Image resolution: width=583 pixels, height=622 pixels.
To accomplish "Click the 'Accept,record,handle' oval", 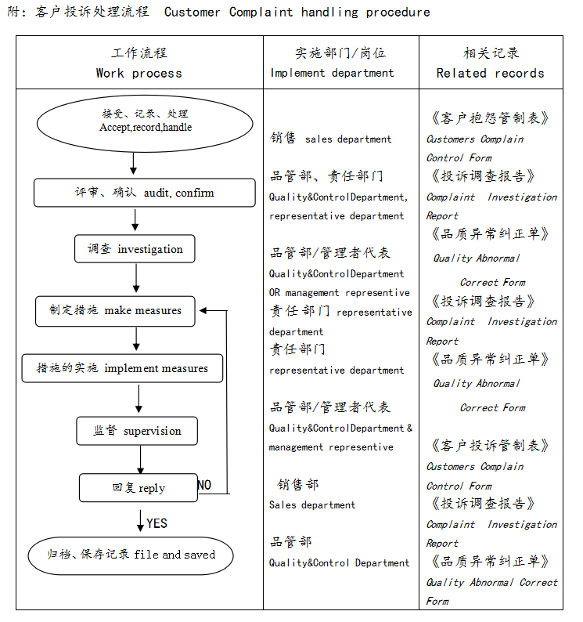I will tap(134, 121).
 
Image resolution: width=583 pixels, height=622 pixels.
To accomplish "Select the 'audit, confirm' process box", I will tap(145, 193).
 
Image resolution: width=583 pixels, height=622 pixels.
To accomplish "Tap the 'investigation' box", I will tap(135, 249).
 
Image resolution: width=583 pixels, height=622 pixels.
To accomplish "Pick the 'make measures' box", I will tap(116, 310).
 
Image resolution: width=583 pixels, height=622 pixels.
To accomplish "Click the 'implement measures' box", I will tap(122, 368).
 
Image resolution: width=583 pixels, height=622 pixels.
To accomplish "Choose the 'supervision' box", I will tap(137, 431).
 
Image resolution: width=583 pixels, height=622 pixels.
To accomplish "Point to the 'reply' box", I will tap(138, 488).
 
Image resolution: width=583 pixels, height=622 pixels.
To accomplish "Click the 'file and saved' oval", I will tap(131, 555).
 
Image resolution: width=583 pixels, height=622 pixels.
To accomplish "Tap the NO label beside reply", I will tap(204, 485).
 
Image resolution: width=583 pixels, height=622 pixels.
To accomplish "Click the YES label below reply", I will tap(157, 523).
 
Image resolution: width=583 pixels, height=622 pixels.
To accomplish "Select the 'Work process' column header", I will tap(139, 73).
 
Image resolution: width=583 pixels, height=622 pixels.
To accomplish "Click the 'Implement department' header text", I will tap(332, 73).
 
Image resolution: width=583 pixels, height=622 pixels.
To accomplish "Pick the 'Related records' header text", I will tap(490, 73).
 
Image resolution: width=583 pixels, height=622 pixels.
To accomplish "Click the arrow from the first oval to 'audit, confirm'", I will tap(133, 163).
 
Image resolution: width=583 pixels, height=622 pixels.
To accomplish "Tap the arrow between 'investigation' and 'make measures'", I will tap(136, 278).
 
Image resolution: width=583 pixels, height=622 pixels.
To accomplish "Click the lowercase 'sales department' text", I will tap(348, 139).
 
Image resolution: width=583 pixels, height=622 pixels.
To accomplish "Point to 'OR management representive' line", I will tap(340, 293).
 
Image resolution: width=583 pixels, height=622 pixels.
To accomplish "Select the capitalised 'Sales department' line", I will tap(312, 505).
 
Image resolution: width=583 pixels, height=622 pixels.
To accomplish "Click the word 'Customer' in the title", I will tap(192, 13).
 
